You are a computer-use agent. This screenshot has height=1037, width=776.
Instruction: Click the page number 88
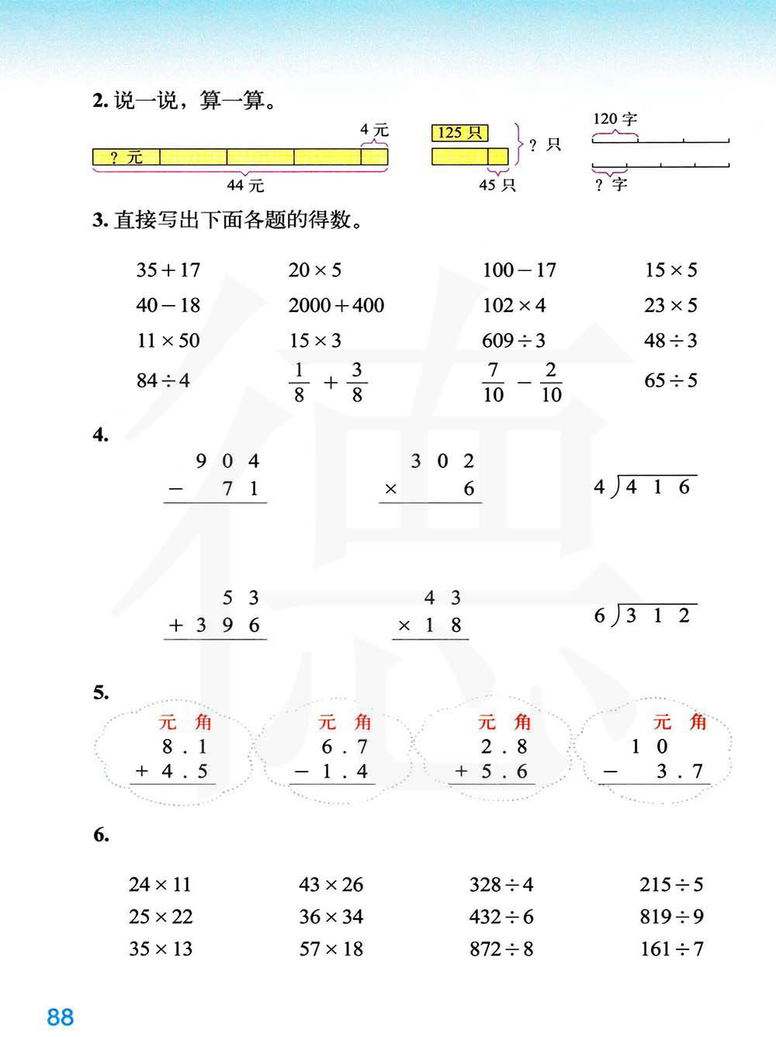click(x=60, y=1017)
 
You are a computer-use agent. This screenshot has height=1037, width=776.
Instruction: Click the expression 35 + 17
click(x=168, y=270)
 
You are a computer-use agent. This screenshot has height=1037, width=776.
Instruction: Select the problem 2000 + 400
click(x=336, y=305)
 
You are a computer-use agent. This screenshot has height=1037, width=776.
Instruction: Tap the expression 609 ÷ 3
click(x=514, y=340)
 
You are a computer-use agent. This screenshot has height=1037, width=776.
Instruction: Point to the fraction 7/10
click(x=493, y=381)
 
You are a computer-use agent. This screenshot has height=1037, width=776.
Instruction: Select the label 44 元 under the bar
click(x=245, y=186)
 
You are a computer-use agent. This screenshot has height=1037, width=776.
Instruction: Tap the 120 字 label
click(x=615, y=119)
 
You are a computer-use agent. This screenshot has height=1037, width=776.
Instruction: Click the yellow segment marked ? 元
click(x=126, y=158)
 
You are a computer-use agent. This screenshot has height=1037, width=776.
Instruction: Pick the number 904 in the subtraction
click(x=227, y=462)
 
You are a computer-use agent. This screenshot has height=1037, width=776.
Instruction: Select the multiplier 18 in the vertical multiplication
click(x=442, y=626)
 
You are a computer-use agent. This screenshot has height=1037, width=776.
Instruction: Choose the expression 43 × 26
click(x=331, y=884)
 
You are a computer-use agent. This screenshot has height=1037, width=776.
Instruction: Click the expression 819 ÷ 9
click(x=671, y=917)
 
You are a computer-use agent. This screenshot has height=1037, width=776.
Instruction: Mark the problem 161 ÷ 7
click(x=671, y=949)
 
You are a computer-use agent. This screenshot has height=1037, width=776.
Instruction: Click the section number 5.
click(x=101, y=692)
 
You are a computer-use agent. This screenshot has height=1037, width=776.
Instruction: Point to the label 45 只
click(x=497, y=185)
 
